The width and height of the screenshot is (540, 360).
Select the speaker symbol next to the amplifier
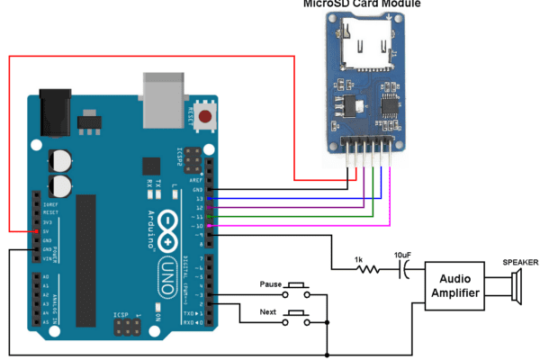514,287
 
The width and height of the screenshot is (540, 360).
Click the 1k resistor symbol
369,267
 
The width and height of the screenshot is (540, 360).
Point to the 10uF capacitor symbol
406,267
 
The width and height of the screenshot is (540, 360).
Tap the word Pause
271,283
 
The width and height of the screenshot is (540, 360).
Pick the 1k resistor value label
359,256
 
